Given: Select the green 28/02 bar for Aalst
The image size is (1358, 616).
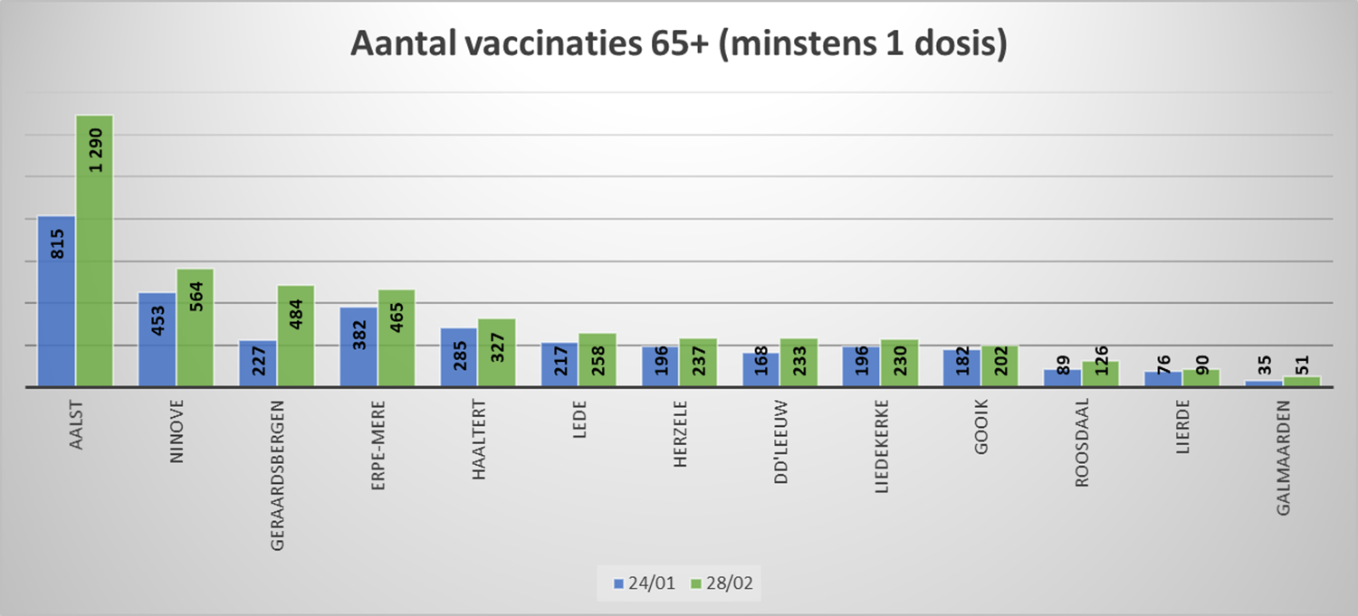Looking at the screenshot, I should point(94,271).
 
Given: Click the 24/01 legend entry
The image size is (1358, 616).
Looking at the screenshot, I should point(644,583).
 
